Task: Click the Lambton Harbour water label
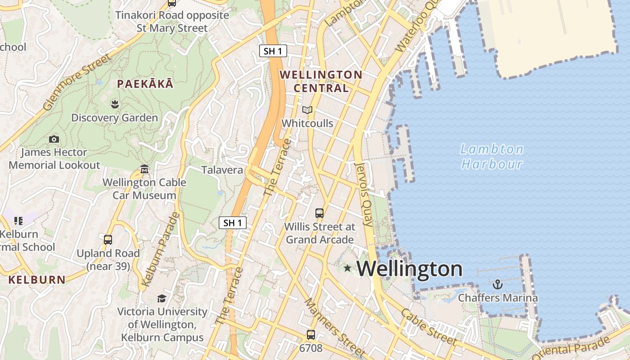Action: pos(492,156)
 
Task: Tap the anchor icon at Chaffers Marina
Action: pos(497,284)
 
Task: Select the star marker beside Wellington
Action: pos(347,268)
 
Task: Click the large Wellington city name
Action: pos(409,269)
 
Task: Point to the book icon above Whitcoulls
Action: pos(307,110)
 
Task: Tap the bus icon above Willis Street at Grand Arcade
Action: pos(319,213)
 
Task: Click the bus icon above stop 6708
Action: pos(311,335)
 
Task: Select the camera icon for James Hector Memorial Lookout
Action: pos(54,139)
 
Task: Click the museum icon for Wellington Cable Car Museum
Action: pos(144,169)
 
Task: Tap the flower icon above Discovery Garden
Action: pos(114,104)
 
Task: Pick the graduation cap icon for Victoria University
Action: pos(162,298)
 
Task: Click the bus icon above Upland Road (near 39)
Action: pos(108,240)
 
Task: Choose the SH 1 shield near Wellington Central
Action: pos(273,51)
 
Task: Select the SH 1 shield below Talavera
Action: pos(233,222)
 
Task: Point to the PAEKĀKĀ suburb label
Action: pos(145,84)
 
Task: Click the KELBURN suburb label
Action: pos(37,279)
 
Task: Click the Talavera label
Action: pos(222,170)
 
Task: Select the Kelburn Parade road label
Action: pos(160,250)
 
